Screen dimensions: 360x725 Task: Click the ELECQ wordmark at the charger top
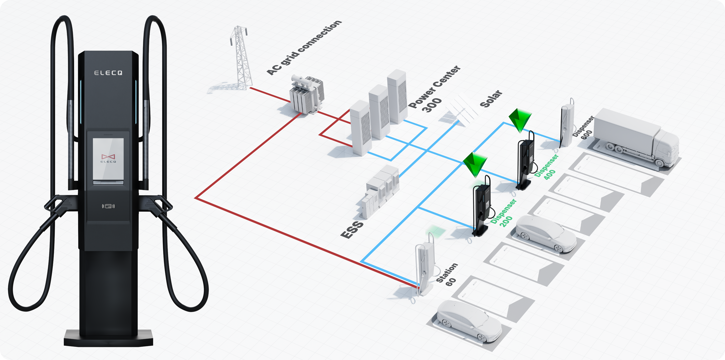pyautogui.click(x=108, y=73)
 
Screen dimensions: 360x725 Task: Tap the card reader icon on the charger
pyautogui.click(x=108, y=206)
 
